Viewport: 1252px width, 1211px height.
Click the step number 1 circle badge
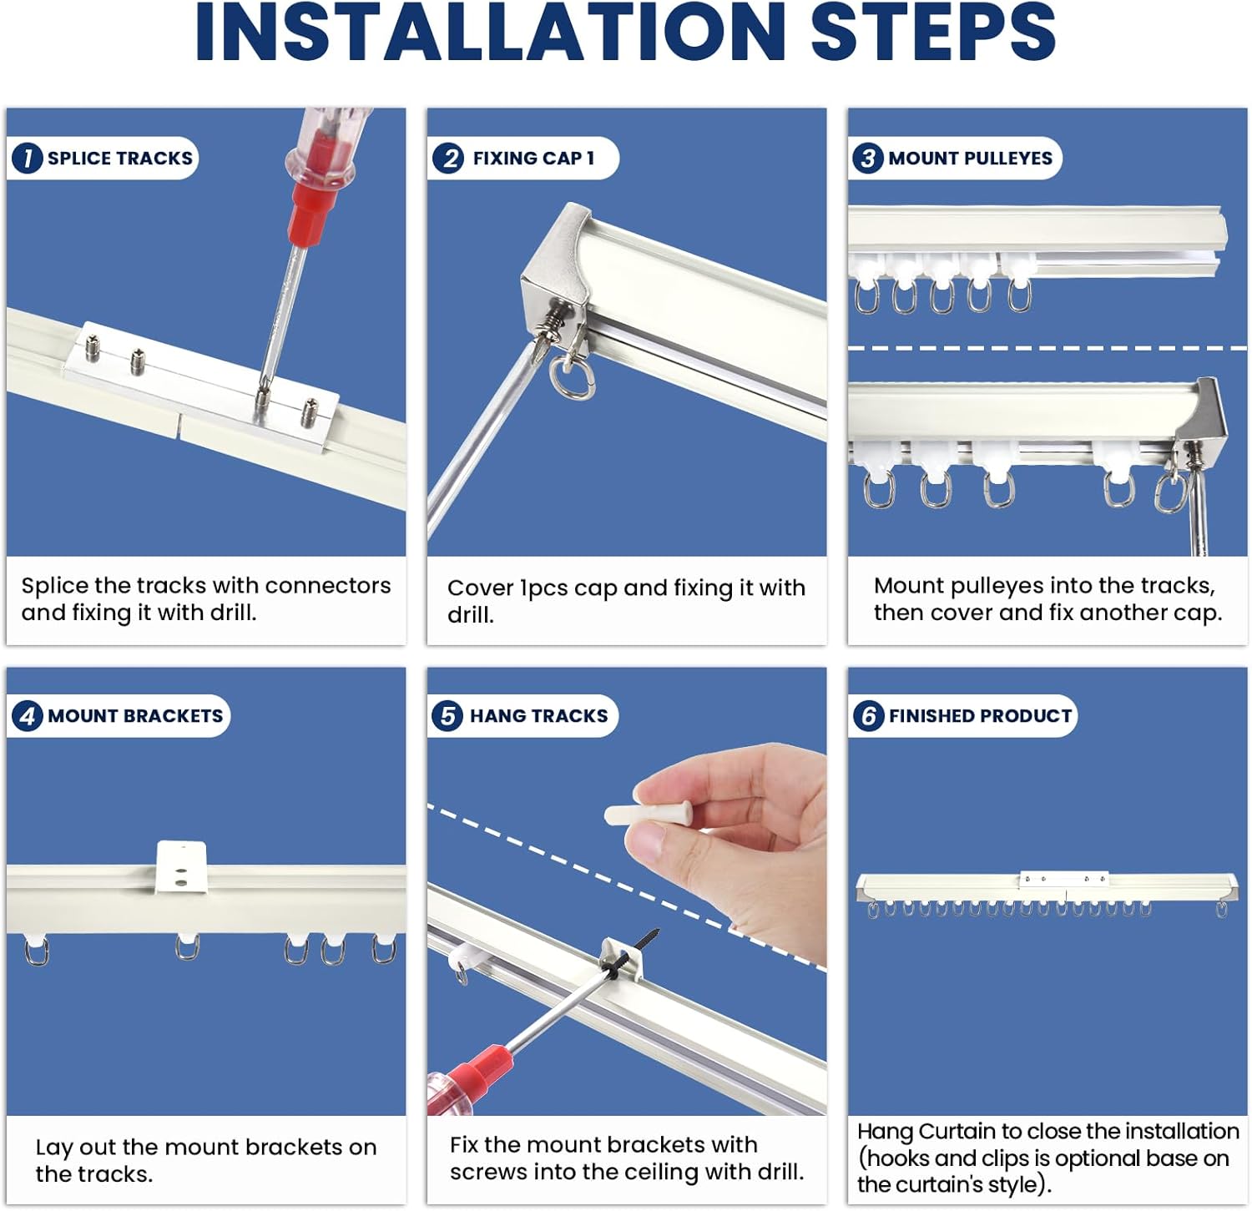click(x=28, y=158)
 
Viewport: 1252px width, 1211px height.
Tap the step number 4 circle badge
click(x=28, y=716)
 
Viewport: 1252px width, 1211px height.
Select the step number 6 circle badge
click(x=868, y=716)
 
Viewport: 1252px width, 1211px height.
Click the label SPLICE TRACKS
click(x=119, y=159)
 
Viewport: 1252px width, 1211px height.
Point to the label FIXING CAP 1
click(x=533, y=159)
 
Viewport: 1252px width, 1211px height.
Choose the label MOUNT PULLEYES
click(x=970, y=159)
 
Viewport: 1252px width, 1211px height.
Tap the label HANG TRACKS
click(x=538, y=716)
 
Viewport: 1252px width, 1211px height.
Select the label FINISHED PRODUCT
click(x=980, y=716)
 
